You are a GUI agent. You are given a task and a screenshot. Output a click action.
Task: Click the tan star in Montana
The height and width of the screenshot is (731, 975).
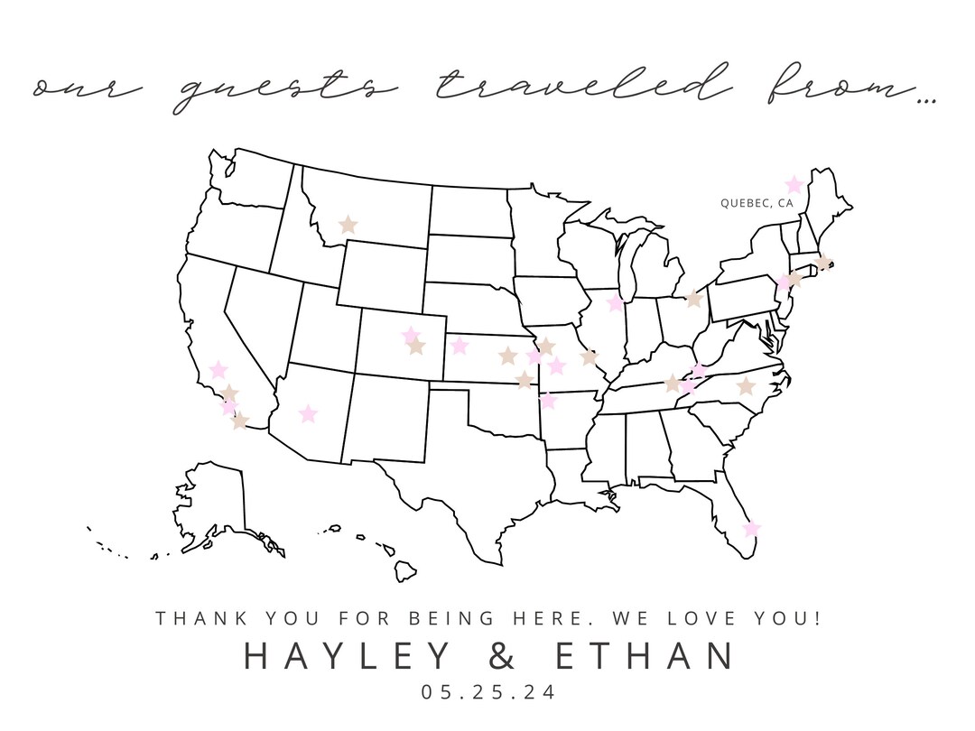(348, 225)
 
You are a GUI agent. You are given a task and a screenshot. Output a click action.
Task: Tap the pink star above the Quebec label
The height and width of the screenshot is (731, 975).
(794, 185)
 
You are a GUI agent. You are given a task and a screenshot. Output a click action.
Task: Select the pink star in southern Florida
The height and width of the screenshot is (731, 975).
(751, 528)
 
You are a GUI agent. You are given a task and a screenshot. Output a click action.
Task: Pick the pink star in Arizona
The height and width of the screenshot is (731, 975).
(308, 413)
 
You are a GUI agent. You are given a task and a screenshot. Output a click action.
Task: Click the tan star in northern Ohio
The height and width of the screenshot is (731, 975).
(693, 299)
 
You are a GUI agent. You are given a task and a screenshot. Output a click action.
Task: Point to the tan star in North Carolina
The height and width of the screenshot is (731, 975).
(745, 386)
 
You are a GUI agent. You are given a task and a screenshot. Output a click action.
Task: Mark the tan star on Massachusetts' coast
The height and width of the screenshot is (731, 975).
(822, 263)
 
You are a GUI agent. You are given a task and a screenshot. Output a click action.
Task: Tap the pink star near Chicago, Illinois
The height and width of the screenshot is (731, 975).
(616, 302)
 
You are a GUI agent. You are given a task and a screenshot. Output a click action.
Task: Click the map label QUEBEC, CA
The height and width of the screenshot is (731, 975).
(757, 204)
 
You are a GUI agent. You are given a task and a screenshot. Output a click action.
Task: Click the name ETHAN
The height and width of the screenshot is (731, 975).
(644, 656)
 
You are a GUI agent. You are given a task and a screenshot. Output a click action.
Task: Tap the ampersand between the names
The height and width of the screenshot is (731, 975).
(505, 656)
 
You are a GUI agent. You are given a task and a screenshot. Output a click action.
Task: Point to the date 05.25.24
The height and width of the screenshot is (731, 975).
(487, 693)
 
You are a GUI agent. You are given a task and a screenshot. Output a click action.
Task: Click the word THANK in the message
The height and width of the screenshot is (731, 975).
(199, 619)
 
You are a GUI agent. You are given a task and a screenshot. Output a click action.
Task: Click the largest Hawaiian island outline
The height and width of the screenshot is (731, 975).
(405, 570)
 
